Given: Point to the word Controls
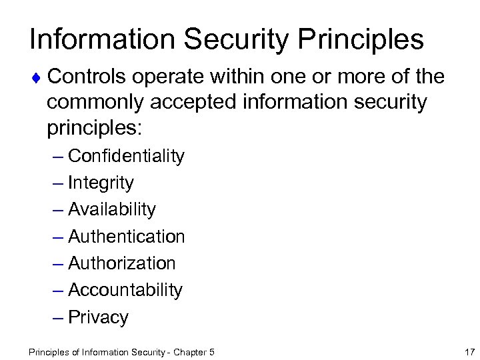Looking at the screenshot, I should click(86, 77).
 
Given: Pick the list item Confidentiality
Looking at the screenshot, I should click(126, 156).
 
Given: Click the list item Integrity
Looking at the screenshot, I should click(101, 183).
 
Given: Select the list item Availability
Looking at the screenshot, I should click(111, 209).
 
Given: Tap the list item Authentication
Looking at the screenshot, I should click(126, 236).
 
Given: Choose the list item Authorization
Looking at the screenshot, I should click(121, 263).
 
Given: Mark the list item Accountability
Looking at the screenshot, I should click(125, 290).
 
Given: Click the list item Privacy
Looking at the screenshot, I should click(98, 317).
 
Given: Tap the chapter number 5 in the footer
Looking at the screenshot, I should click(211, 351).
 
